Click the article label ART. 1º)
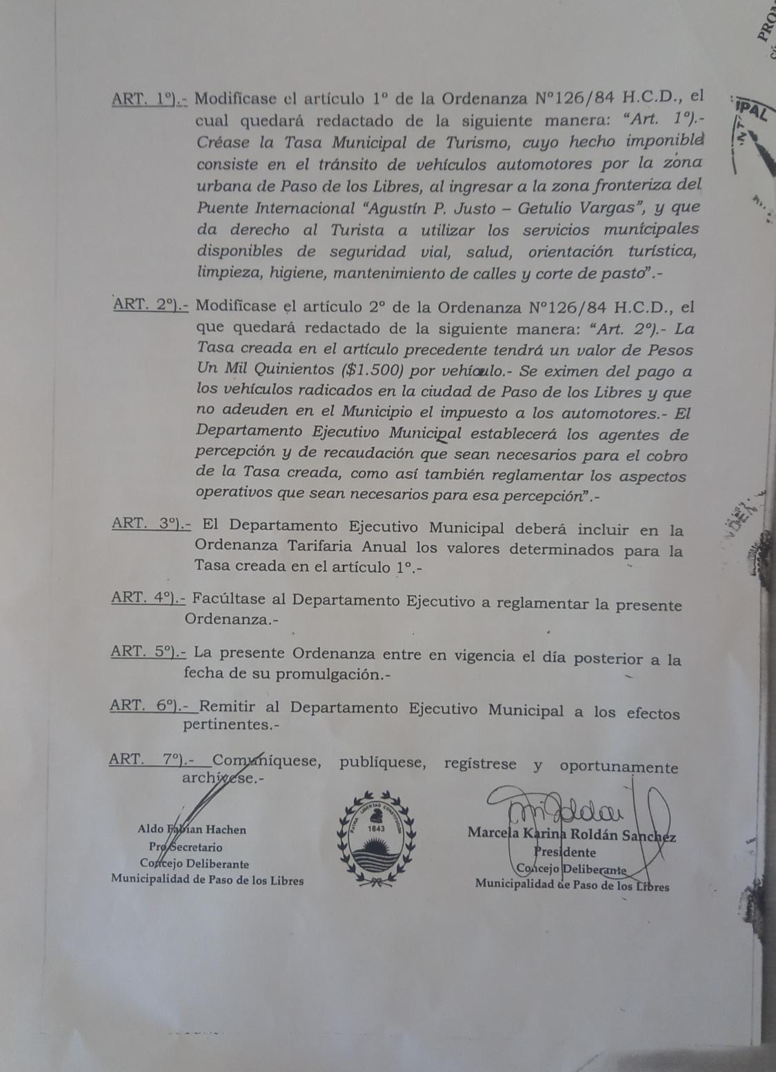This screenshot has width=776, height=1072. click(150, 99)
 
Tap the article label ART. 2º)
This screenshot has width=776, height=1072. click(151, 304)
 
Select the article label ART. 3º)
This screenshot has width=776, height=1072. click(150, 524)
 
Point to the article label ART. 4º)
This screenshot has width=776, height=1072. click(148, 597)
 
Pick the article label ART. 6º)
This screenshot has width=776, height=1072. click(148, 705)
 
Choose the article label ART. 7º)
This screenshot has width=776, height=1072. click(151, 759)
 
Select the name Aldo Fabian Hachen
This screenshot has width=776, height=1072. click(192, 830)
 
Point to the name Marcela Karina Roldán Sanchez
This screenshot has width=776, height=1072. click(571, 835)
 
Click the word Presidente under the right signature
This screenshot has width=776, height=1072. click(564, 853)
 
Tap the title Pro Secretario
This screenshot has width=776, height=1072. click(185, 847)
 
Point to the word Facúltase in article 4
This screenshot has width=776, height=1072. click(230, 598)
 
